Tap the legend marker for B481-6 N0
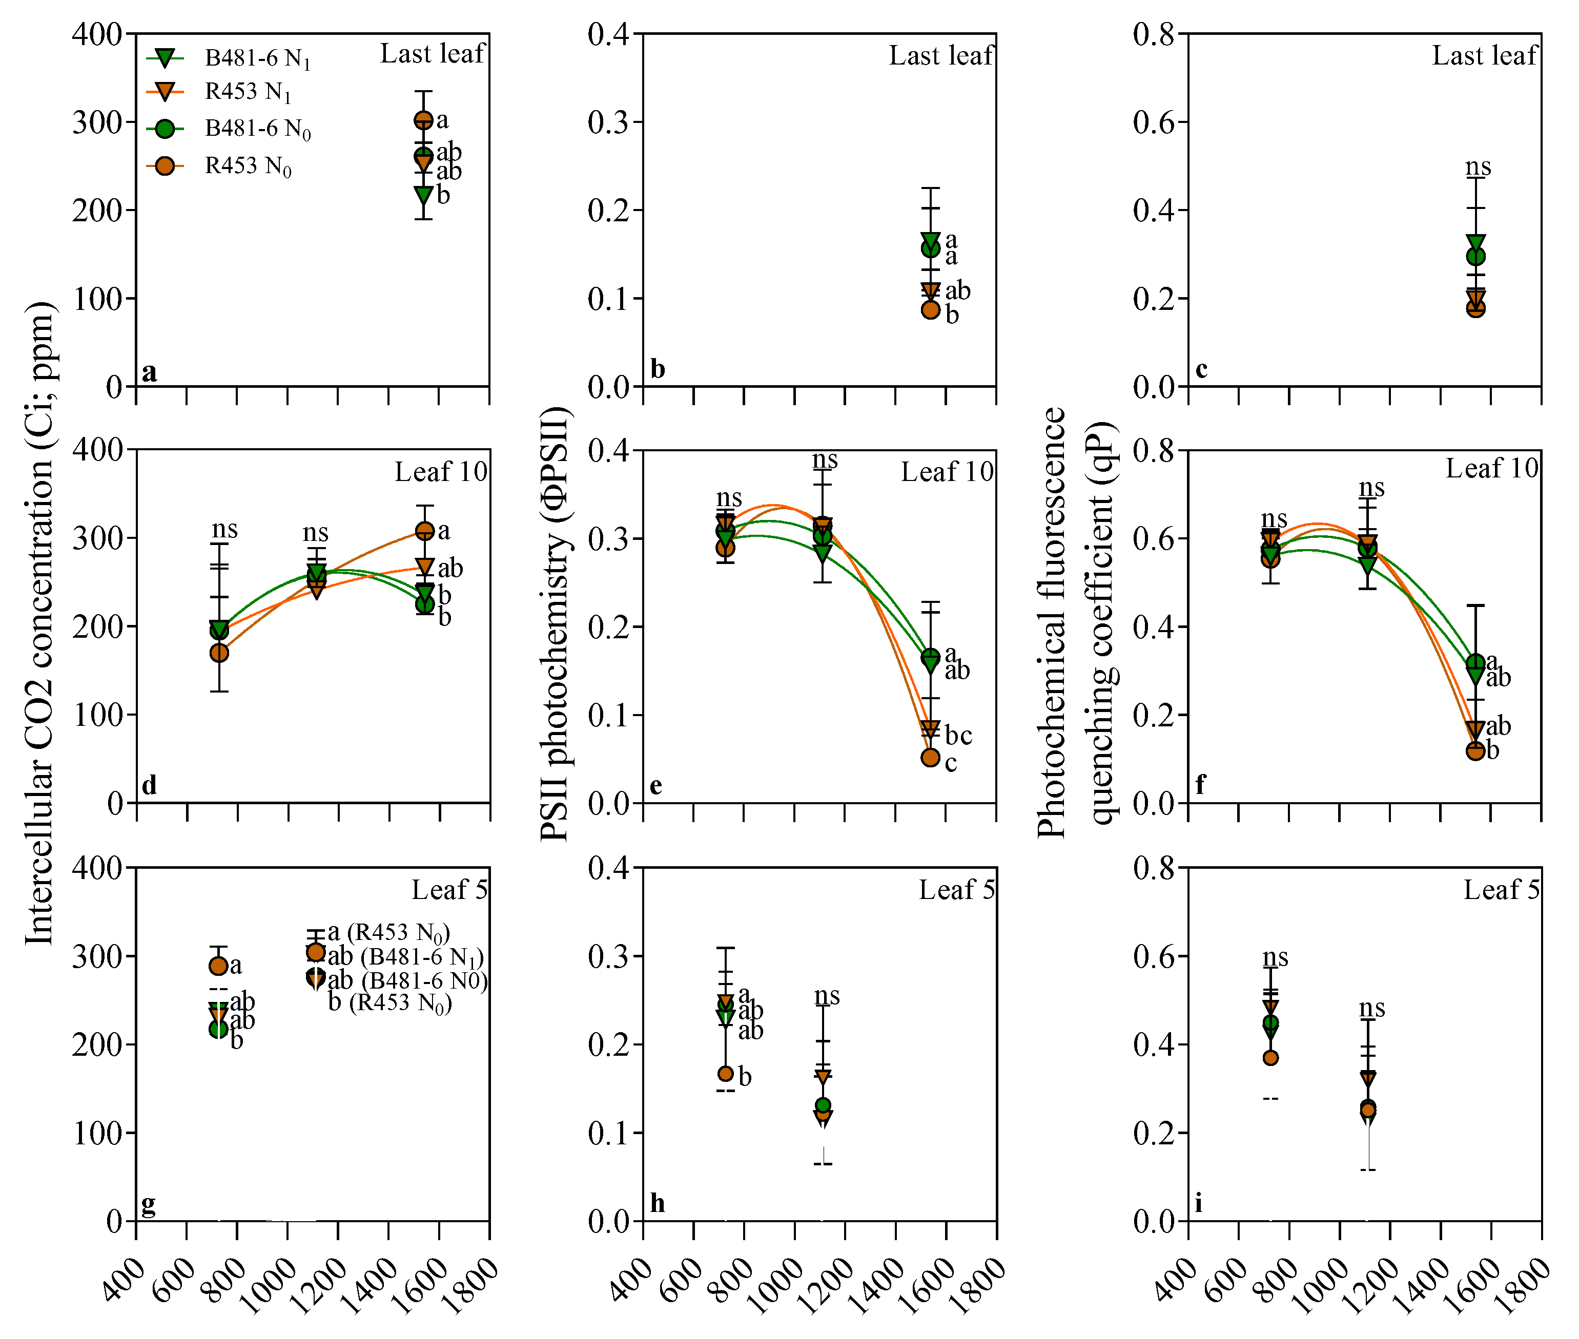click(165, 129)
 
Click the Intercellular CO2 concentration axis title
click(39, 622)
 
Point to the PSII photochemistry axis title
click(555, 622)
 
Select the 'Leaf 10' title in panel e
click(947, 472)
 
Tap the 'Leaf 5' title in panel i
click(1501, 890)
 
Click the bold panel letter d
click(149, 786)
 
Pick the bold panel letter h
click(657, 1203)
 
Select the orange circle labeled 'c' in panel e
click(930, 758)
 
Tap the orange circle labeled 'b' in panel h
click(725, 1073)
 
